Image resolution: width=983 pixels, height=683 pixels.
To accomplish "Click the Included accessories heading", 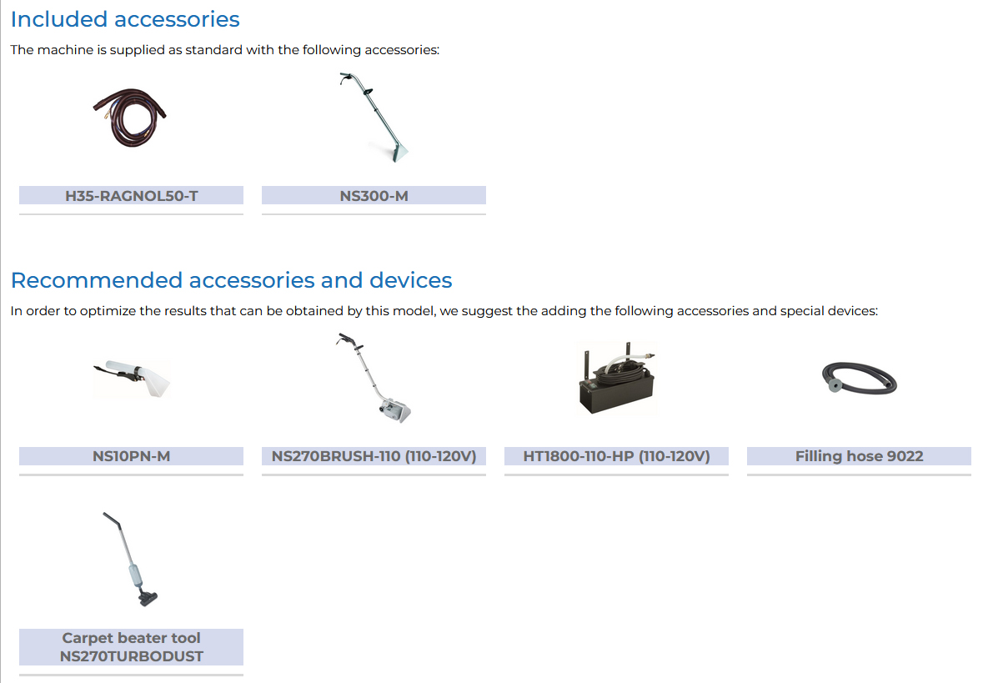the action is tap(125, 19).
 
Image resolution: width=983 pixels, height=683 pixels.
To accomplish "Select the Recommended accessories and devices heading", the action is tap(231, 280).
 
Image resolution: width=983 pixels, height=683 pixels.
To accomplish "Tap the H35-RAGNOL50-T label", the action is tap(131, 196).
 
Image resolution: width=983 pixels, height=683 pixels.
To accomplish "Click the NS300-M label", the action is tap(374, 196).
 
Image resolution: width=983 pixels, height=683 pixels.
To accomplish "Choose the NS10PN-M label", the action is tap(131, 456).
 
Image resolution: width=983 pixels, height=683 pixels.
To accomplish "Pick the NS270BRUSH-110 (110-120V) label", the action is tap(374, 456).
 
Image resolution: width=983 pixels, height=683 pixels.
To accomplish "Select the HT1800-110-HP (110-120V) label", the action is tap(616, 456).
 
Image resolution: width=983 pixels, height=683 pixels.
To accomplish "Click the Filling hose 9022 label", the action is tap(859, 456).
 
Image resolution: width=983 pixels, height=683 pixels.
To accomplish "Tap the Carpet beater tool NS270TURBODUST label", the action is tap(131, 646).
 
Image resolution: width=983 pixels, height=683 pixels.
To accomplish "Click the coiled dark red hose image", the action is tap(130, 118).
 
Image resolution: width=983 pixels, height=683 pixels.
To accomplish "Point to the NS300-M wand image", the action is tap(374, 118).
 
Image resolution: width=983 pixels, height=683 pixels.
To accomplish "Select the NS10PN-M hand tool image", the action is tap(132, 378).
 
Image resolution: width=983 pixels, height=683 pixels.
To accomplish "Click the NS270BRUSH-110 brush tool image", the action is tap(374, 378).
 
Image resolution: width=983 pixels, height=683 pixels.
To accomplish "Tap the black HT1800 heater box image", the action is tap(617, 378).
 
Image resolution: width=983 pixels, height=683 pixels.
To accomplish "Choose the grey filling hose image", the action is tap(859, 378).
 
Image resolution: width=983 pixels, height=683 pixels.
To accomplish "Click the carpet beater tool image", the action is tap(130, 560).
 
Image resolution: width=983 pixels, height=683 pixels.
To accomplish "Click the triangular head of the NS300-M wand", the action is tap(395, 153).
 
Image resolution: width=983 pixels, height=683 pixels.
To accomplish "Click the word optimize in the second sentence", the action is tap(108, 311).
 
